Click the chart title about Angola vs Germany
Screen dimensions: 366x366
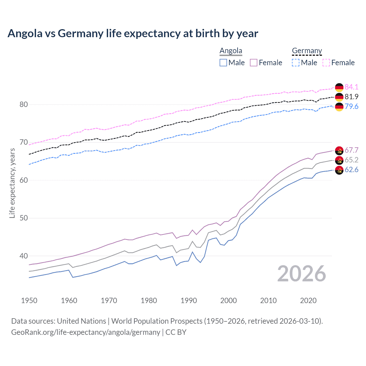[x=133, y=33]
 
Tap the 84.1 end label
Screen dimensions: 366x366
[x=351, y=87]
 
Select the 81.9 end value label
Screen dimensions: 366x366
[x=351, y=97]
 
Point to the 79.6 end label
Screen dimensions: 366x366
[x=351, y=106]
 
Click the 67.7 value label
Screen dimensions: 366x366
[x=351, y=150]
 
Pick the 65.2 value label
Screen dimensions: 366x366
[x=351, y=160]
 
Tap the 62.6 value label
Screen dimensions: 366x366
[x=351, y=170]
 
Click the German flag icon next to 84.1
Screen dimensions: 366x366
[x=339, y=87]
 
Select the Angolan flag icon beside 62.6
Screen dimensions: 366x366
[x=339, y=170]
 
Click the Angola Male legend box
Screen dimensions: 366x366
[x=223, y=63]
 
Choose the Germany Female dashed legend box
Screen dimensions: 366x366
[x=326, y=63]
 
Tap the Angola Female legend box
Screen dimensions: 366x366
[x=254, y=63]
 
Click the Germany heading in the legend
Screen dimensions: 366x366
[x=307, y=51]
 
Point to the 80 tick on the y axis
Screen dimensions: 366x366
[x=24, y=105]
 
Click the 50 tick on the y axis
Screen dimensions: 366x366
[x=24, y=218]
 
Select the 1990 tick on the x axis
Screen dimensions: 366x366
[x=189, y=301]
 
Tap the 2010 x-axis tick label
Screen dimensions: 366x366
[x=268, y=301]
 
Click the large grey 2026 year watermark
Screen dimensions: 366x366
[x=301, y=274]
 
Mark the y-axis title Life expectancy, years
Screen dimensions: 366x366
[x=12, y=183]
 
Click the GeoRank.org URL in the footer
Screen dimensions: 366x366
[x=85, y=332]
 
